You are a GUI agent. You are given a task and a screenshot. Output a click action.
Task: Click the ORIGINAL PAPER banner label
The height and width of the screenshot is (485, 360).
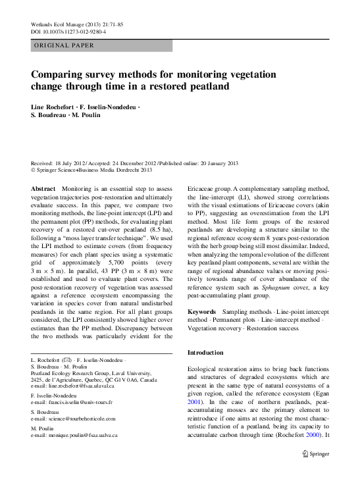click(63, 45)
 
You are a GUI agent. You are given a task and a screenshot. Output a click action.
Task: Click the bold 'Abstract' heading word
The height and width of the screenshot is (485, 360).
click(43, 188)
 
